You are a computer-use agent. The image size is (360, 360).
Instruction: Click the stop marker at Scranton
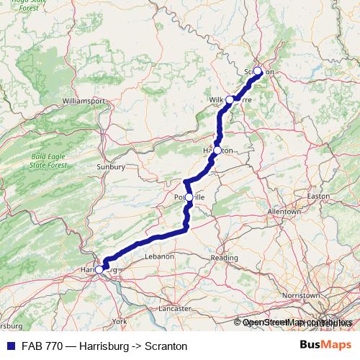pos(258,71)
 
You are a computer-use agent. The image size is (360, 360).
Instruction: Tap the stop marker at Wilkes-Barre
pos(230,99)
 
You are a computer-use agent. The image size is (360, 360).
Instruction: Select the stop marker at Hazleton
pos(217,150)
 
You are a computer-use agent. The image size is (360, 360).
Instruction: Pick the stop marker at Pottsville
pos(189,197)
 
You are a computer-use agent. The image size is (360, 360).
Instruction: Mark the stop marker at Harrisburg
pos(99,269)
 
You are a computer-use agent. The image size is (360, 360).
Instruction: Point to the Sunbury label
pos(111,166)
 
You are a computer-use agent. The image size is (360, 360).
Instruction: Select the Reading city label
pos(224,258)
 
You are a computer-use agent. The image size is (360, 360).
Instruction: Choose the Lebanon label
pos(159,256)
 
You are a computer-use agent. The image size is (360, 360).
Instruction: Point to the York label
pos(120,320)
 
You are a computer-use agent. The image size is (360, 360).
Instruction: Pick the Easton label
pos(318,196)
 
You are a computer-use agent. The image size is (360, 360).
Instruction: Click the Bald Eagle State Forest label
pos(48,160)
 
